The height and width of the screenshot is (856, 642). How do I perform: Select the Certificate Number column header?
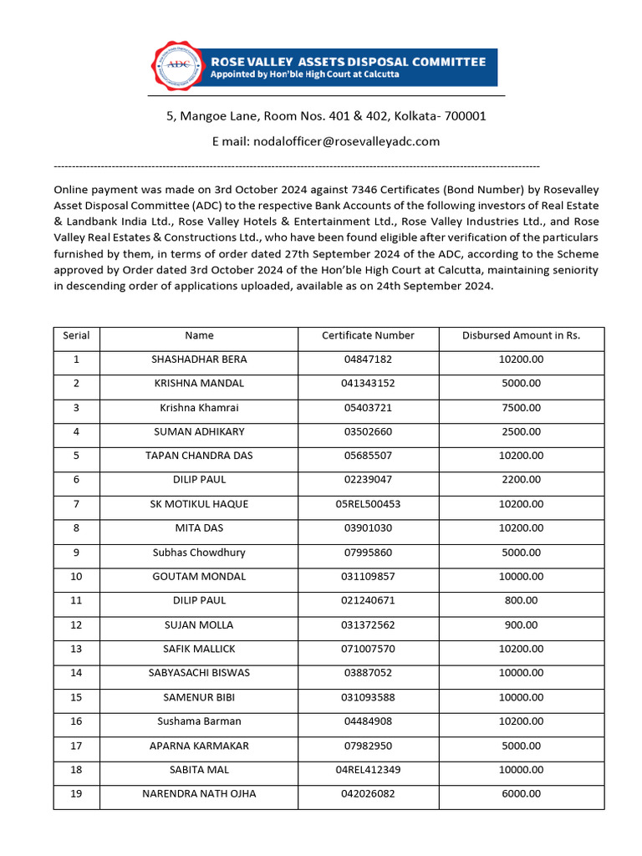368,335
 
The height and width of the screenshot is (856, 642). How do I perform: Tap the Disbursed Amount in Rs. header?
521,335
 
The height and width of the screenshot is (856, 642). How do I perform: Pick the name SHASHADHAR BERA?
199,359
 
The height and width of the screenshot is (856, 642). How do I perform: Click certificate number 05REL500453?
368,504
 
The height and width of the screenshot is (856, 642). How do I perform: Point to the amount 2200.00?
521,480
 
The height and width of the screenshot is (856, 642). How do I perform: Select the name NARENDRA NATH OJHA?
199,794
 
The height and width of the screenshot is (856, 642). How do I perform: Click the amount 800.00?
521,600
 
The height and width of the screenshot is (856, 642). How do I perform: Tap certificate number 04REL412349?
368,770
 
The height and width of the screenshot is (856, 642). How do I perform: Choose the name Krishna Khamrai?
199,408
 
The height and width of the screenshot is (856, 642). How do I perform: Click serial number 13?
76,649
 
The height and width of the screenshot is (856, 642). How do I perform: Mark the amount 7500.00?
521,408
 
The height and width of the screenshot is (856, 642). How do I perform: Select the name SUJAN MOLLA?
199,624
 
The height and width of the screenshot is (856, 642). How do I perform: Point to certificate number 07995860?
368,553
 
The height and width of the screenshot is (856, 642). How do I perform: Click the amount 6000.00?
521,794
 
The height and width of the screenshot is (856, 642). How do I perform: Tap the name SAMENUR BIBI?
199,697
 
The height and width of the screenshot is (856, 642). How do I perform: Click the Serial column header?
76,335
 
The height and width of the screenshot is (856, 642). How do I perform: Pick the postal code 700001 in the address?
463,116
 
